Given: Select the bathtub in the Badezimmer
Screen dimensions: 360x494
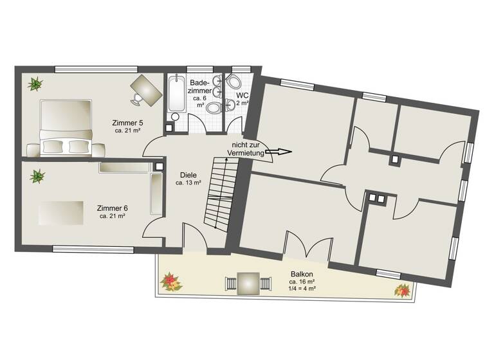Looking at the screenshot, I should point(176,96).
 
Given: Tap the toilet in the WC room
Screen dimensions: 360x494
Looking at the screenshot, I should point(233,82).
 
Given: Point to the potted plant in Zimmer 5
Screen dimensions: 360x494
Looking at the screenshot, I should point(34,83).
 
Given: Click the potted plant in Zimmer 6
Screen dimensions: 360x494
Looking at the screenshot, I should point(38,175).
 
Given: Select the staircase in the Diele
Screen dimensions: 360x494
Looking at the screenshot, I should point(220,192).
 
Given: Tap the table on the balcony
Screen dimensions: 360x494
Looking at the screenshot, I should point(248,283).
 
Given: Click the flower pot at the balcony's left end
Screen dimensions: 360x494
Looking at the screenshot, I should point(170,281).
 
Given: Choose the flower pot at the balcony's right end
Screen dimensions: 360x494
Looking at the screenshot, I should point(403,290).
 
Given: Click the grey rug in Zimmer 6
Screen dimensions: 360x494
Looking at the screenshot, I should point(60,213).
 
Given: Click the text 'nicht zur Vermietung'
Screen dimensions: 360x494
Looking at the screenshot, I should point(245,148).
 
